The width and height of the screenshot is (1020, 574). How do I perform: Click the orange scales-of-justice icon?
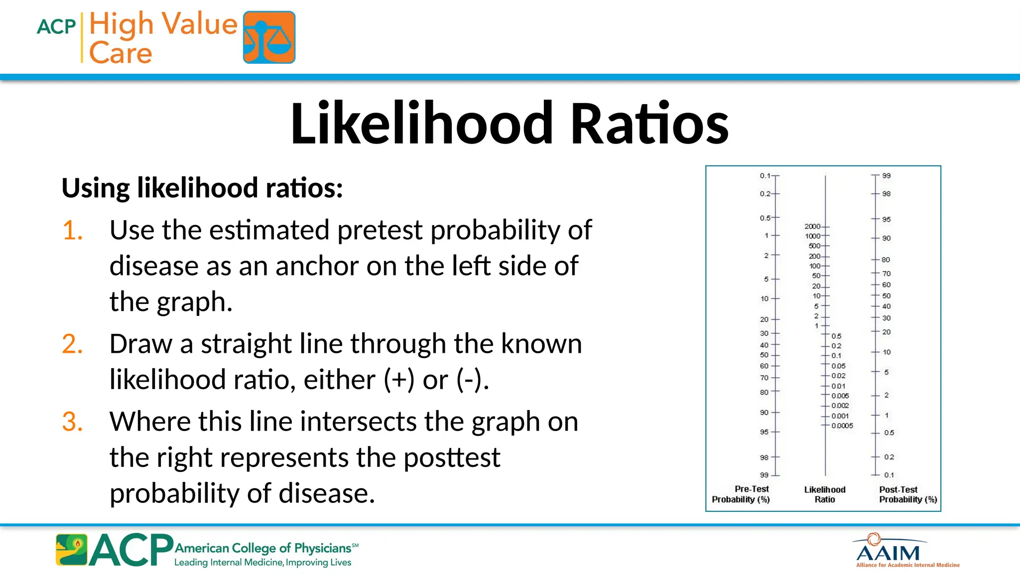269,37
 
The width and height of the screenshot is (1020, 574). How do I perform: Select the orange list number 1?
72,230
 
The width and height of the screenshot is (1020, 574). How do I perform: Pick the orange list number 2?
72,344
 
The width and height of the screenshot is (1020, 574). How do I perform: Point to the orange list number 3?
72,422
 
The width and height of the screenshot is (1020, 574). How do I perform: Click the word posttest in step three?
451,457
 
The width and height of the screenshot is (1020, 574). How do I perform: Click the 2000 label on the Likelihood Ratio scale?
812,226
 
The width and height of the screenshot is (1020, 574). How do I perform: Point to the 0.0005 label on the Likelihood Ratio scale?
842,426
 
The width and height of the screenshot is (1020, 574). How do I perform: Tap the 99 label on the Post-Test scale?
887,176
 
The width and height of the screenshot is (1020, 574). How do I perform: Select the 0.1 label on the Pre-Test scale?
765,176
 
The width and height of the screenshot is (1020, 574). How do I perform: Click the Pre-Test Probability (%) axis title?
741,494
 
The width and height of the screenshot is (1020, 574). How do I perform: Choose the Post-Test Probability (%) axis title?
907,494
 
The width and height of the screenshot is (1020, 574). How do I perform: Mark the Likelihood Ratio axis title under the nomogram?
825,494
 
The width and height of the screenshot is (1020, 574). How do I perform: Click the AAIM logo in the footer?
888,552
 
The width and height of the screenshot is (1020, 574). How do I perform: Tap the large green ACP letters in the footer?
131,550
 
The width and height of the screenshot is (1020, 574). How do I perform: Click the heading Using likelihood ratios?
202,188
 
